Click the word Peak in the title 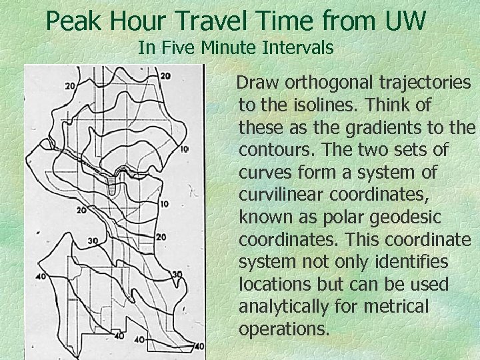(x=71, y=21)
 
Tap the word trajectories (x=428, y=82)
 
